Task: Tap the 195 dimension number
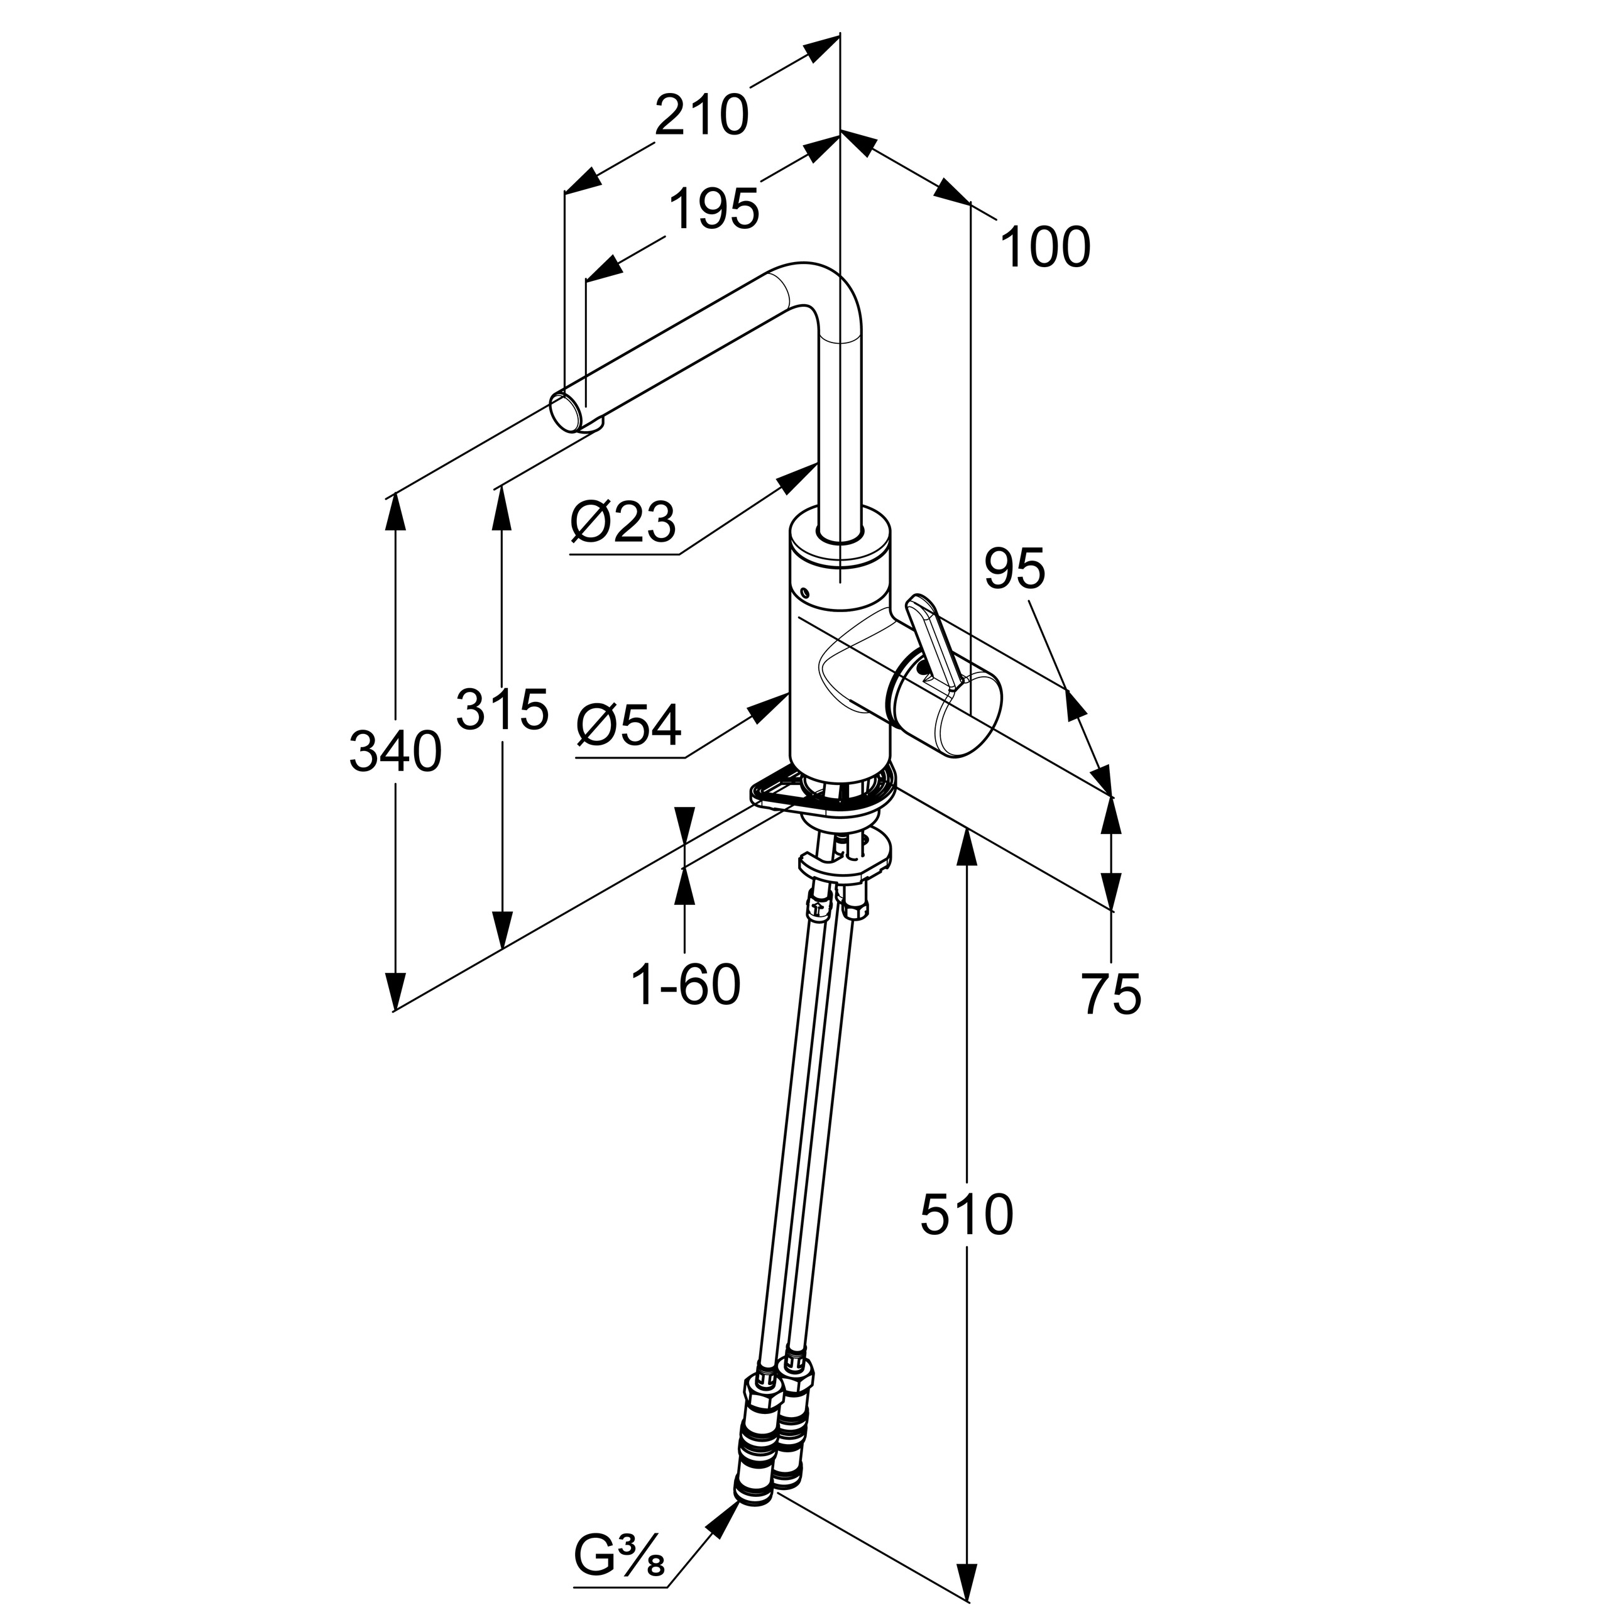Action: (x=715, y=209)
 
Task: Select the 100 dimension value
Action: (x=1045, y=248)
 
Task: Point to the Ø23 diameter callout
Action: (x=623, y=523)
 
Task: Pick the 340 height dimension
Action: (x=395, y=752)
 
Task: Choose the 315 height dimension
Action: (x=502, y=710)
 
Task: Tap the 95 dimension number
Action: (x=1015, y=569)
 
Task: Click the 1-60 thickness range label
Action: (x=686, y=985)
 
